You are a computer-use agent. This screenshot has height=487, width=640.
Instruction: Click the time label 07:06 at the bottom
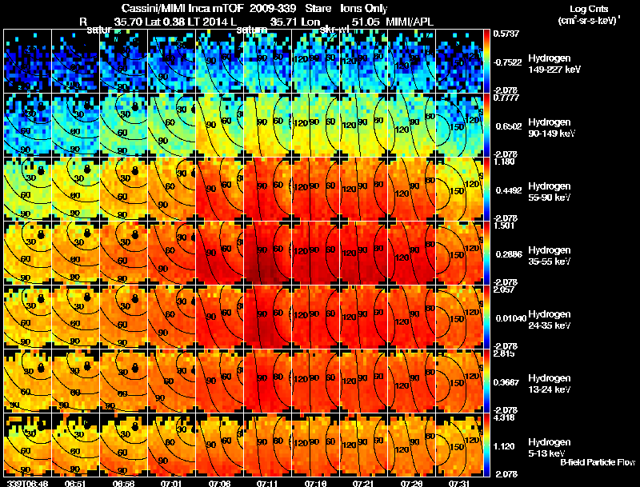(219, 483)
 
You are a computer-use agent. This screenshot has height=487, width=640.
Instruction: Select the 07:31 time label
(459, 483)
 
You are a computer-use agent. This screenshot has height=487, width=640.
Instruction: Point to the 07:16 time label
(315, 483)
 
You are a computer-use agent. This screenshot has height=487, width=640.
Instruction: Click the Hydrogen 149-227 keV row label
(549, 64)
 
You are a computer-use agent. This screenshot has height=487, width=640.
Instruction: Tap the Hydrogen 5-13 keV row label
(549, 446)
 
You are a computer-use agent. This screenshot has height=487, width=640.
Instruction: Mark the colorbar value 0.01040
(509, 320)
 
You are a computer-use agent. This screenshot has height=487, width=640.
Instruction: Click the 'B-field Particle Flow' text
(597, 462)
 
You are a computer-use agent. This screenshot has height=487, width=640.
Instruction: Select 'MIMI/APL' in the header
(412, 22)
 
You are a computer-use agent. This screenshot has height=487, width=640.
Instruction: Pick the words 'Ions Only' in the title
(365, 8)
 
